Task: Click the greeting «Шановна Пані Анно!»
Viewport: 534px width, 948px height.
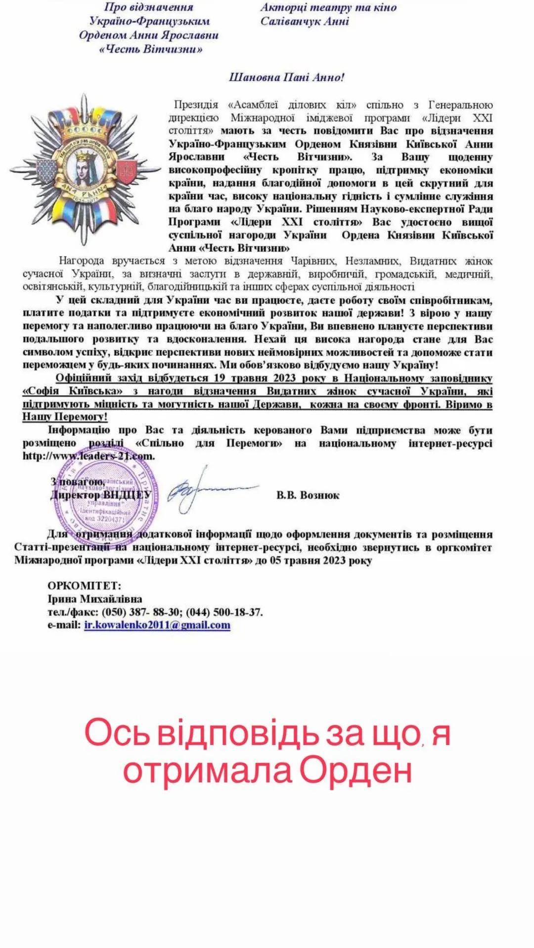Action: [x=287, y=78]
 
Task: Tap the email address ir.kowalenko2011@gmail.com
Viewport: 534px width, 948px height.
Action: [x=157, y=625]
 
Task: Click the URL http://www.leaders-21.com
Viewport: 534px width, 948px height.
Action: [x=89, y=456]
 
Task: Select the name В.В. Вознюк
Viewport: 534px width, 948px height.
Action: [x=308, y=495]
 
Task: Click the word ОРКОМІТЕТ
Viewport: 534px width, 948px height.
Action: [x=84, y=586]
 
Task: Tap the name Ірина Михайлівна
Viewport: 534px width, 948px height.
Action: [x=94, y=599]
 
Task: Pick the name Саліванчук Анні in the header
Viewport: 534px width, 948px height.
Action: [x=305, y=21]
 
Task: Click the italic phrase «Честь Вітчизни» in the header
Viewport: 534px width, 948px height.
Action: [x=151, y=49]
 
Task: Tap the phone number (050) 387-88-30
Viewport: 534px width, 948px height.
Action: [x=140, y=612]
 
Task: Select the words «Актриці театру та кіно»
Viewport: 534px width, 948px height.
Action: [x=328, y=7]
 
